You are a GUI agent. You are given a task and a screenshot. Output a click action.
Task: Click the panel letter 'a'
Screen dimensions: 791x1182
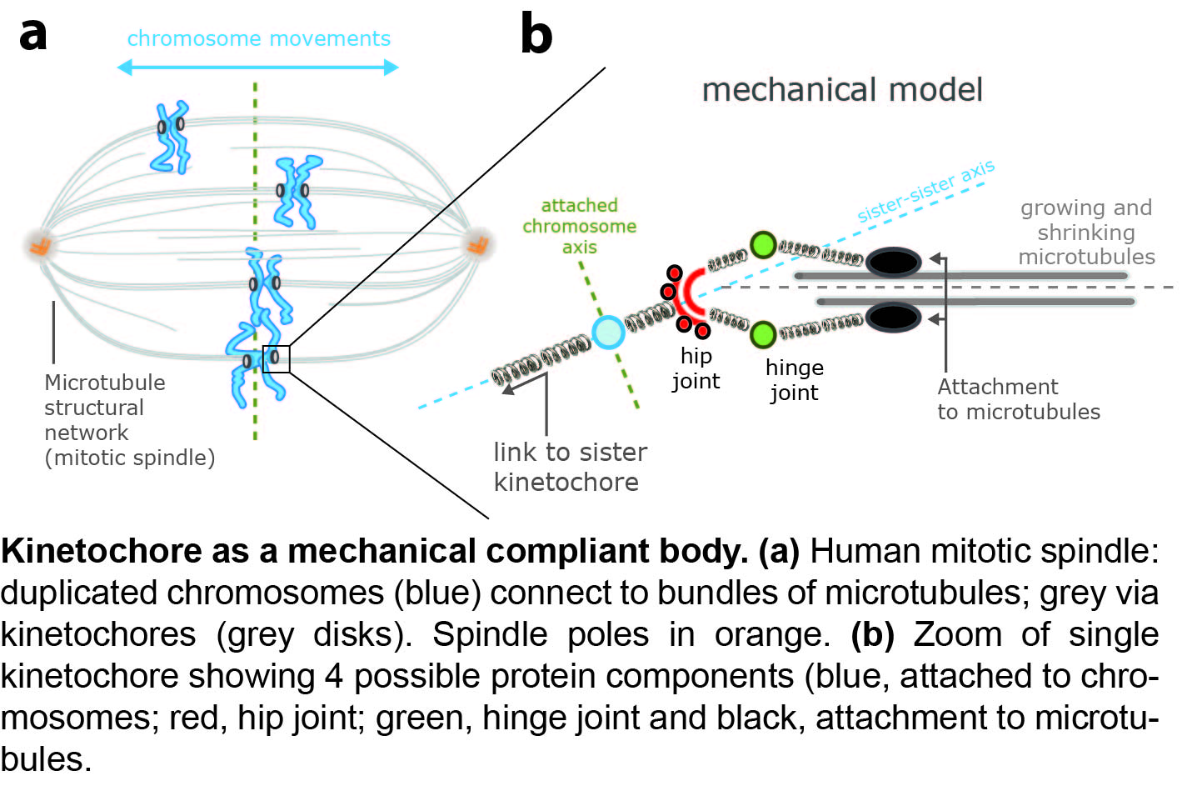(33, 34)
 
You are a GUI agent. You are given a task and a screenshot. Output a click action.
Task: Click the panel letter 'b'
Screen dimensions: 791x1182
(536, 34)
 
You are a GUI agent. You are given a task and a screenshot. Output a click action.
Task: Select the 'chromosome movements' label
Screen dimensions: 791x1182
(258, 39)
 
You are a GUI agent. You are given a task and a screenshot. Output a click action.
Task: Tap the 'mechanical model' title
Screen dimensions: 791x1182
(842, 90)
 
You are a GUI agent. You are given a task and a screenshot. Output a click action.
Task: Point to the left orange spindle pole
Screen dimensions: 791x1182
(40, 245)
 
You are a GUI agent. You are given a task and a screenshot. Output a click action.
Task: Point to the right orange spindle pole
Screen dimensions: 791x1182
(478, 244)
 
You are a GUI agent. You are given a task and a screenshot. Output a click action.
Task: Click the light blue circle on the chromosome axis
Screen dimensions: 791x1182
(608, 332)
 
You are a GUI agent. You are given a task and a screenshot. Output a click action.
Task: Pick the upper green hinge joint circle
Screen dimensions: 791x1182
(763, 245)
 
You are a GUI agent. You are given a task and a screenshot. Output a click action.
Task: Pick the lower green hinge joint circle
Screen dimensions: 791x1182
(763, 334)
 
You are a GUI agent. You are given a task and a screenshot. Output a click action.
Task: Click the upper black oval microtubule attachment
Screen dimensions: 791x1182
(894, 263)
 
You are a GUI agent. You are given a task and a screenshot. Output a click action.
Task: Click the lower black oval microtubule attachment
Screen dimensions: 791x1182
(894, 318)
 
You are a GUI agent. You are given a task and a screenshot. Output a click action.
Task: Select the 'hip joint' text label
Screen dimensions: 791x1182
(696, 368)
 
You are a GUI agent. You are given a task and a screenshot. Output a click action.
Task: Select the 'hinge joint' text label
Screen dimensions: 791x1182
(795, 380)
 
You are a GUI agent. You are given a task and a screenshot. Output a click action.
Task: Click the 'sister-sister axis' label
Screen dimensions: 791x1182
(925, 192)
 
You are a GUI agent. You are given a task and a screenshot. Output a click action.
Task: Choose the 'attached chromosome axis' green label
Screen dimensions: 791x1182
(580, 226)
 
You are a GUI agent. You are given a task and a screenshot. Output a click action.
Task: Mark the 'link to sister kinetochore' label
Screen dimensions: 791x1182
(570, 467)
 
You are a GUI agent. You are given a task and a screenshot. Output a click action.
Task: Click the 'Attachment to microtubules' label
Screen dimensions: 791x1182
(1018, 399)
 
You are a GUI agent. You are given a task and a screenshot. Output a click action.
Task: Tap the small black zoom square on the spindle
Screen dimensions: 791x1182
(277, 359)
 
